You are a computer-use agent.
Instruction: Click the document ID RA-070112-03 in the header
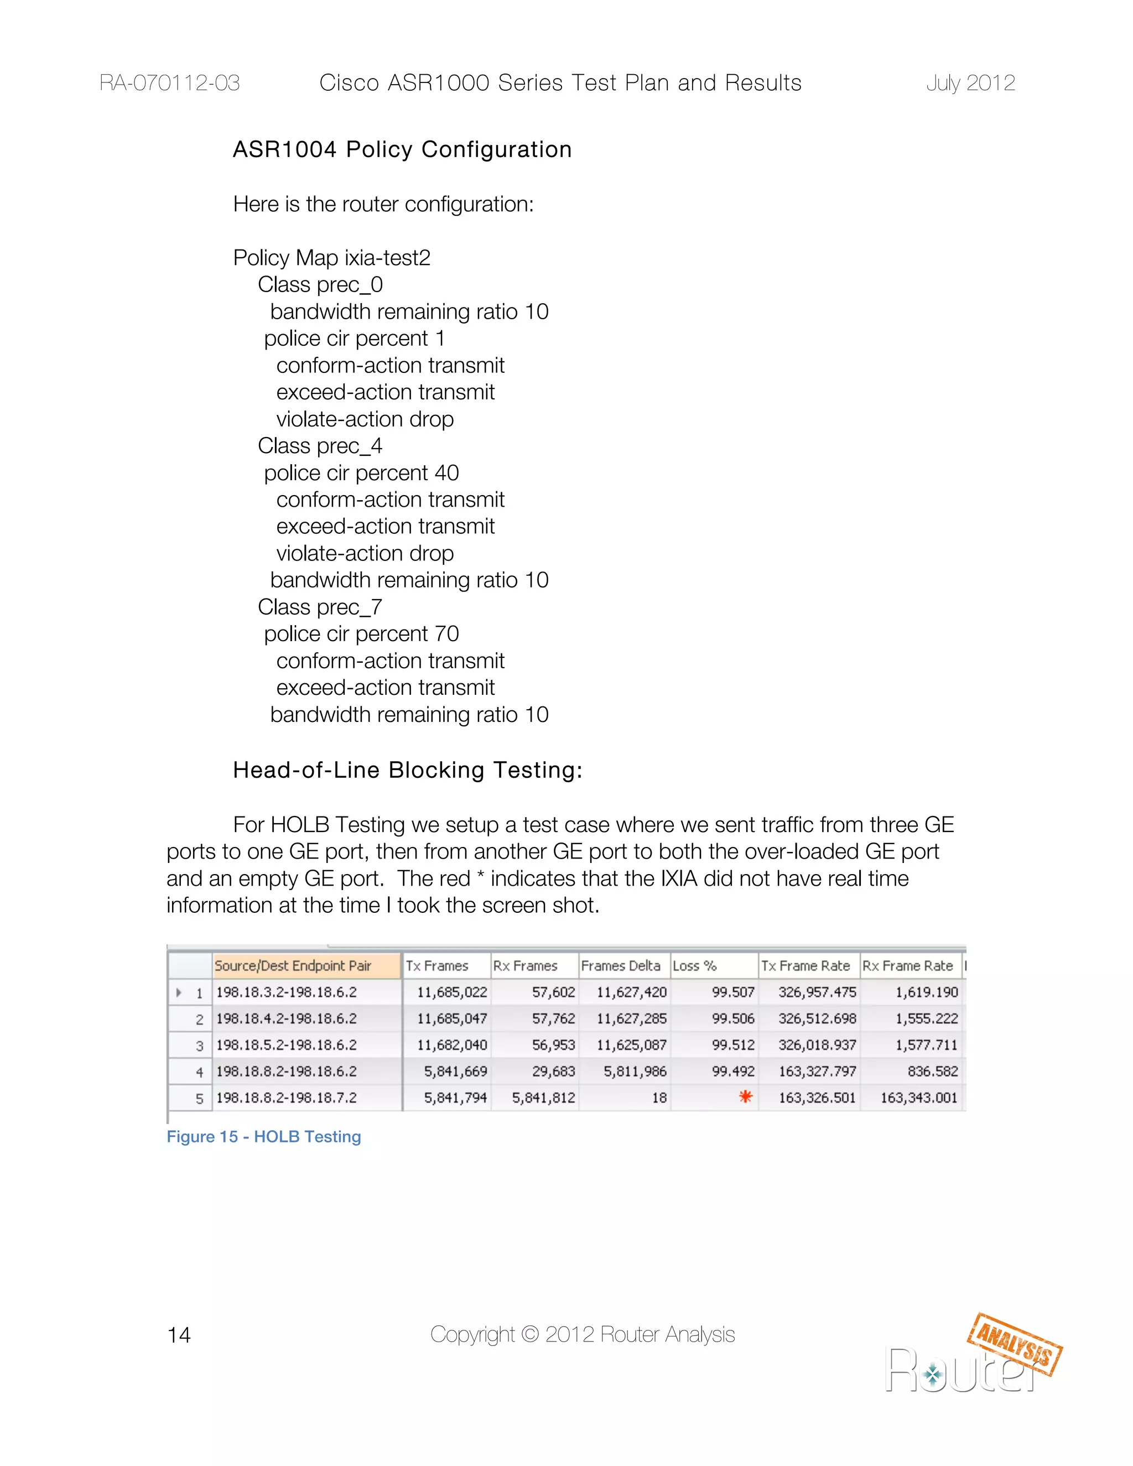pyautogui.click(x=169, y=82)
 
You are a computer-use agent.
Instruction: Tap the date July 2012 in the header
pyautogui.click(x=970, y=82)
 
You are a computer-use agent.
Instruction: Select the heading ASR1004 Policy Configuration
pyautogui.click(x=402, y=149)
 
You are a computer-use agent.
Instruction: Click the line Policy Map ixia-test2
pyautogui.click(x=331, y=258)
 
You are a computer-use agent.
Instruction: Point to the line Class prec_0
pyautogui.click(x=320, y=284)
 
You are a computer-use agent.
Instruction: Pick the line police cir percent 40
pyautogui.click(x=361, y=472)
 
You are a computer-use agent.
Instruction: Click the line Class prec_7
pyautogui.click(x=320, y=607)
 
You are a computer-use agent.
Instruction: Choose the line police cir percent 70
pyautogui.click(x=361, y=633)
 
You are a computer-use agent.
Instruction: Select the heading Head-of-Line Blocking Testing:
pyautogui.click(x=407, y=770)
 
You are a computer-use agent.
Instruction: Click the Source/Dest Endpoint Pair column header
pyautogui.click(x=293, y=965)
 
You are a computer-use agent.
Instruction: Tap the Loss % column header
pyautogui.click(x=695, y=965)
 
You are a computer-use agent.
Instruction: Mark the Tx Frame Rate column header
pyautogui.click(x=805, y=965)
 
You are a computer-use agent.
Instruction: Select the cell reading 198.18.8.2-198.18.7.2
pyautogui.click(x=287, y=1098)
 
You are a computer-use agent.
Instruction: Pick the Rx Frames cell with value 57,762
pyautogui.click(x=553, y=1018)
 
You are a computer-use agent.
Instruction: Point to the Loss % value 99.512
pyautogui.click(x=733, y=1044)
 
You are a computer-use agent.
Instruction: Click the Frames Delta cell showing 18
pyautogui.click(x=659, y=1098)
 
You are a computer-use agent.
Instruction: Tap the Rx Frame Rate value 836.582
pyautogui.click(x=932, y=1072)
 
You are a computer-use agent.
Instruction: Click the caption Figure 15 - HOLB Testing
pyautogui.click(x=264, y=1136)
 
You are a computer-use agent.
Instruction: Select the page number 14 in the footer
pyautogui.click(x=179, y=1334)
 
